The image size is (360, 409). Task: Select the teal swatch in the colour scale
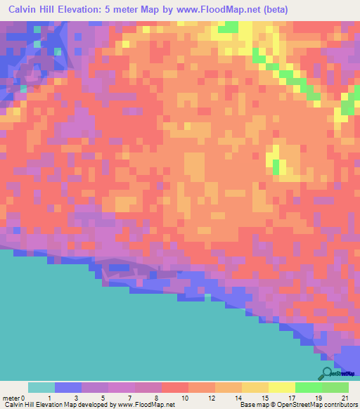pos(41,387)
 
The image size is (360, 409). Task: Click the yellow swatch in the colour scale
pos(282,387)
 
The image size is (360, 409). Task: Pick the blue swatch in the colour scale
pos(68,387)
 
